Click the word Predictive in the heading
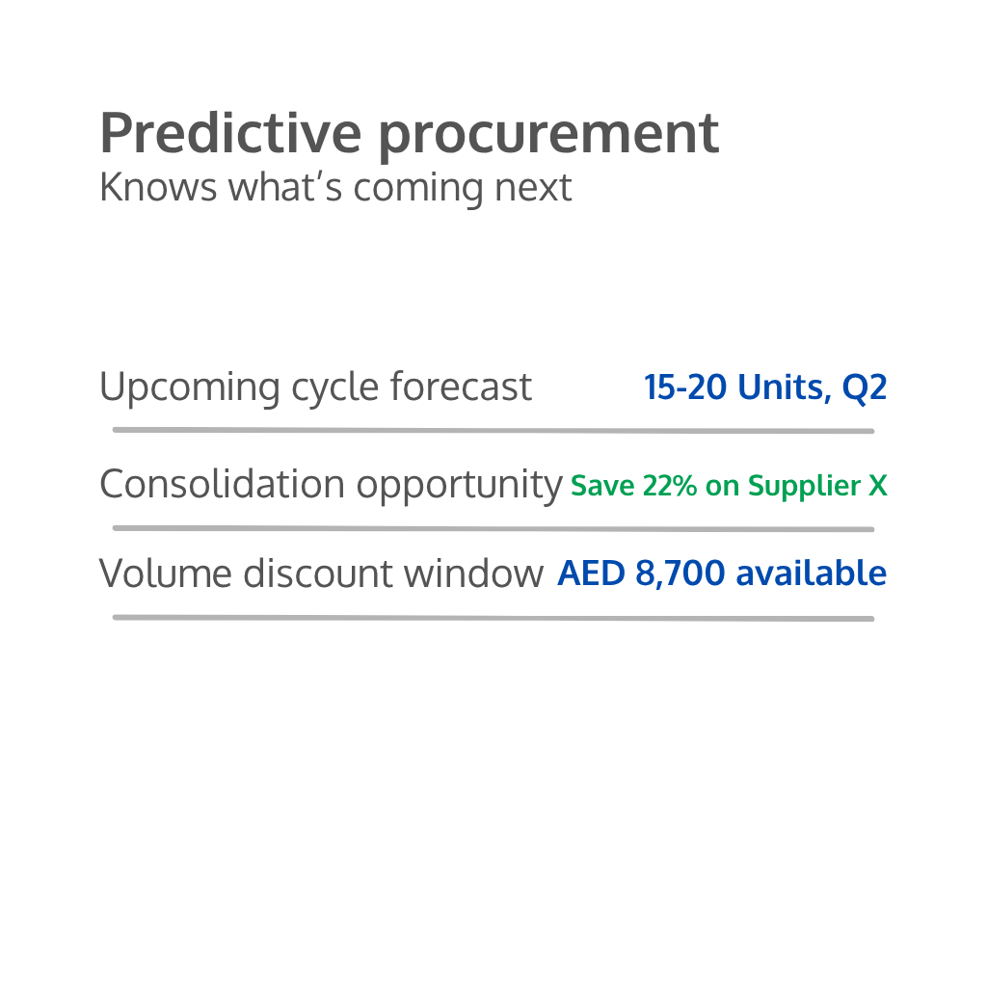pos(231,132)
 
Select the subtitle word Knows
pos(159,187)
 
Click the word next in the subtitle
pos(533,189)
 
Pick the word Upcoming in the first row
pos(190,387)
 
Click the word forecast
pos(462,386)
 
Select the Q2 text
pos(865,387)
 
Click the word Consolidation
pos(223,484)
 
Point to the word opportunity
pos(460,486)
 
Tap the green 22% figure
pos(670,486)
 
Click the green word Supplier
pos(804,487)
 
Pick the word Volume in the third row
pos(166,574)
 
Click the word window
pos(473,574)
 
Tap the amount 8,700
pos(680,574)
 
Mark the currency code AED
pos(591,574)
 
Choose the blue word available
pos(812,573)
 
